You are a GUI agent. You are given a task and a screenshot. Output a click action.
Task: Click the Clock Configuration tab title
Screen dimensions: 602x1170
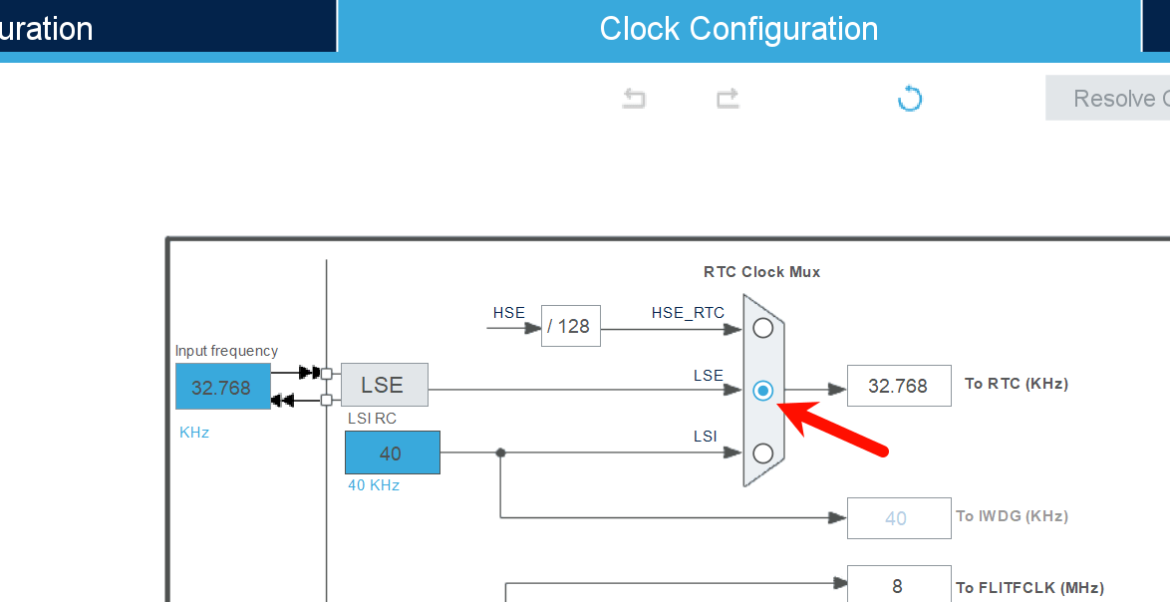[738, 29]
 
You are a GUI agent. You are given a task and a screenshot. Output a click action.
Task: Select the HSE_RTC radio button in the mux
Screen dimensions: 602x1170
[763, 327]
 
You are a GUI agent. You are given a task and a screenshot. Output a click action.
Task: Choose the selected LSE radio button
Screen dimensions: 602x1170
[763, 391]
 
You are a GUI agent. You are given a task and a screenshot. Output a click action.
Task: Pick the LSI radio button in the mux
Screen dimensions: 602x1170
[763, 453]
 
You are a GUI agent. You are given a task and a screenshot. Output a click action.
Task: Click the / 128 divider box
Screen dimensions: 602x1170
[571, 326]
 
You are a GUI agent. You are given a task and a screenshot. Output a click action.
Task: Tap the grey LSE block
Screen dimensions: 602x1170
[384, 385]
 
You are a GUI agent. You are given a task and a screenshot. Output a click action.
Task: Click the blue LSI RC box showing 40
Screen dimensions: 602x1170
[392, 452]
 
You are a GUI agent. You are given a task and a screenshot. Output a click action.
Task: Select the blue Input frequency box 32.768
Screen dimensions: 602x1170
[222, 387]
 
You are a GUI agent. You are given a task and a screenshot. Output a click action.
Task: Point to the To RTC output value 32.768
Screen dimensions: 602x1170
[898, 386]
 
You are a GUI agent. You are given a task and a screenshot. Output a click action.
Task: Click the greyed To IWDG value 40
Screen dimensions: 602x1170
[898, 517]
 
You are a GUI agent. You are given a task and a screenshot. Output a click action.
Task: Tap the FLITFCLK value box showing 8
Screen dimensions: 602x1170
[898, 585]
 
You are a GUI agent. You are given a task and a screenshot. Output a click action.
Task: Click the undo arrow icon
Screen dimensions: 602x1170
[634, 98]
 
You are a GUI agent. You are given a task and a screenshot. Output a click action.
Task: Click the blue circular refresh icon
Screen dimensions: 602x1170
[909, 98]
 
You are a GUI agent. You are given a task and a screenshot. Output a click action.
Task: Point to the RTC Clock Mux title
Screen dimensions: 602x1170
[761, 272]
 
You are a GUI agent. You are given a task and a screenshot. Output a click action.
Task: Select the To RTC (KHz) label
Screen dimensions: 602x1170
[1017, 384]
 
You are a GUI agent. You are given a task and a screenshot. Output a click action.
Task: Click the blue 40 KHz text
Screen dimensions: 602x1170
[374, 485]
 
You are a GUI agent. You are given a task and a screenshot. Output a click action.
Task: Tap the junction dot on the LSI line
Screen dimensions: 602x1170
[500, 452]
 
